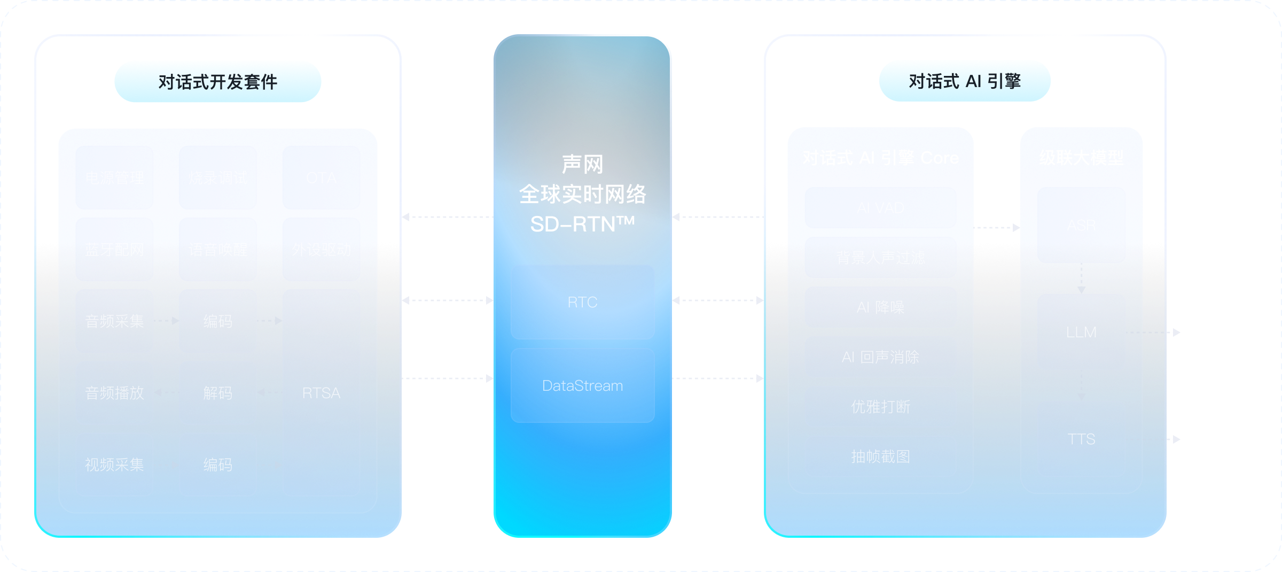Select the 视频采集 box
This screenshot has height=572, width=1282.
pos(114,465)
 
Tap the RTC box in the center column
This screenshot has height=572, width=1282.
pos(582,302)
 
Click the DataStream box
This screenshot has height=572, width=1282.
pos(582,385)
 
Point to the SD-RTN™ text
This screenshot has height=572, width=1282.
pos(582,224)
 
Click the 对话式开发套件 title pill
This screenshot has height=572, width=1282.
pos(218,82)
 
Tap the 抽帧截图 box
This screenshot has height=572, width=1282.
pos(880,456)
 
